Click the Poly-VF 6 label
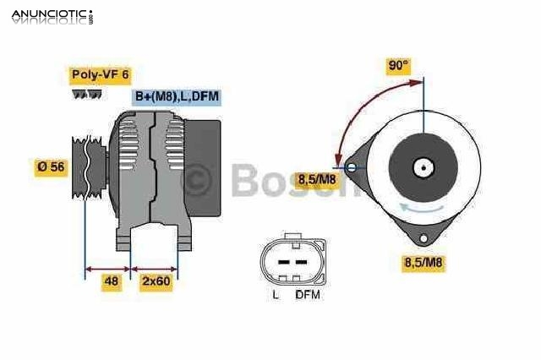pyautogui.click(x=101, y=75)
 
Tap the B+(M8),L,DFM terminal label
pyautogui.click(x=177, y=97)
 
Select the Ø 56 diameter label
pyautogui.click(x=51, y=167)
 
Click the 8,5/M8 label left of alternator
pyautogui.click(x=316, y=178)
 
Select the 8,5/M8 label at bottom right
pyautogui.click(x=423, y=263)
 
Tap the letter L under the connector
pyautogui.click(x=276, y=295)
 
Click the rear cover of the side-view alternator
pyautogui.click(x=203, y=161)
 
